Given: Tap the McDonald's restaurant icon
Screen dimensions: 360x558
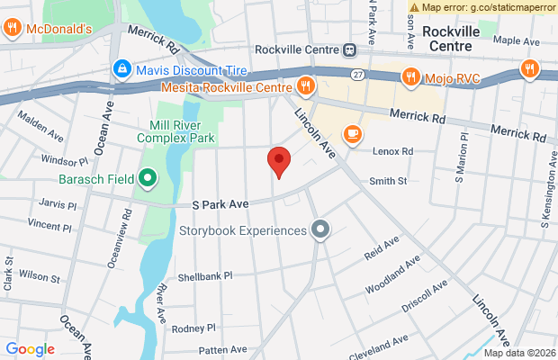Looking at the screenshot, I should (13, 29).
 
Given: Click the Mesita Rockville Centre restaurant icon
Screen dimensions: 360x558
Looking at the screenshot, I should (306, 87).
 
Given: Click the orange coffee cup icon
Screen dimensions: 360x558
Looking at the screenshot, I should (352, 135).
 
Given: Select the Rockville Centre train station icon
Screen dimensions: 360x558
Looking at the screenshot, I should (358, 50).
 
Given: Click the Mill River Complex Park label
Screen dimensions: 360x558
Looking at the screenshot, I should (175, 131).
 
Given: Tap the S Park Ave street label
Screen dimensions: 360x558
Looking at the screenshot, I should (220, 205).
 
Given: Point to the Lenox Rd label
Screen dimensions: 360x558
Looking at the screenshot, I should (395, 151).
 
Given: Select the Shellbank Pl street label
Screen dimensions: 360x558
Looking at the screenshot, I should (204, 276).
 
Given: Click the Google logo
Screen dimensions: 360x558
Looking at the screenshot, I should (30, 349).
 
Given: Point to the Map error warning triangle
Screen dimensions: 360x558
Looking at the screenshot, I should (414, 7).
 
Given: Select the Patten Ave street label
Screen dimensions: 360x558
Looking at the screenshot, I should (222, 349).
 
